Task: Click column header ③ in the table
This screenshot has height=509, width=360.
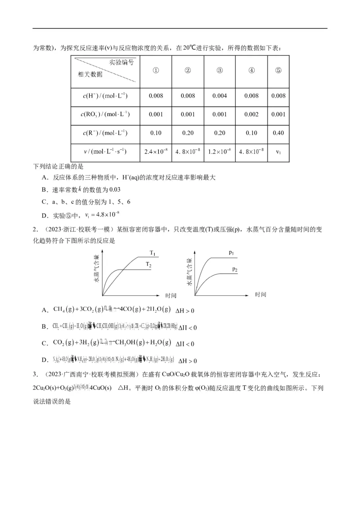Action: point(220,70)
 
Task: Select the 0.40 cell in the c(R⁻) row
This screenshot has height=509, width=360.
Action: point(279,133)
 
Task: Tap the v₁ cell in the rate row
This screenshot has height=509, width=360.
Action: point(279,152)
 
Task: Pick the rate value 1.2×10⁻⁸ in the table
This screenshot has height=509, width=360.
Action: point(220,152)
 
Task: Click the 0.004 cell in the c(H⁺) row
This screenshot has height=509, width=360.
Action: point(220,96)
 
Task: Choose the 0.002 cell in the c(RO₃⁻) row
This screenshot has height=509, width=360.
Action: point(252,114)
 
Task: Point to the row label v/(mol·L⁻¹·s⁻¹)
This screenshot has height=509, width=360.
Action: point(105,152)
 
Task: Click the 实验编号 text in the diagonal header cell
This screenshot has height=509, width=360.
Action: point(121,63)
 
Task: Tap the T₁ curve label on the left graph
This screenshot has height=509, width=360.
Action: point(152,252)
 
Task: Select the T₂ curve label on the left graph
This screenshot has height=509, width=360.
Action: point(148,265)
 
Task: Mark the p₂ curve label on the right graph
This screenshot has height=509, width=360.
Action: point(235,269)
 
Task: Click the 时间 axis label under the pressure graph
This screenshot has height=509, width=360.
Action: point(261,295)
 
